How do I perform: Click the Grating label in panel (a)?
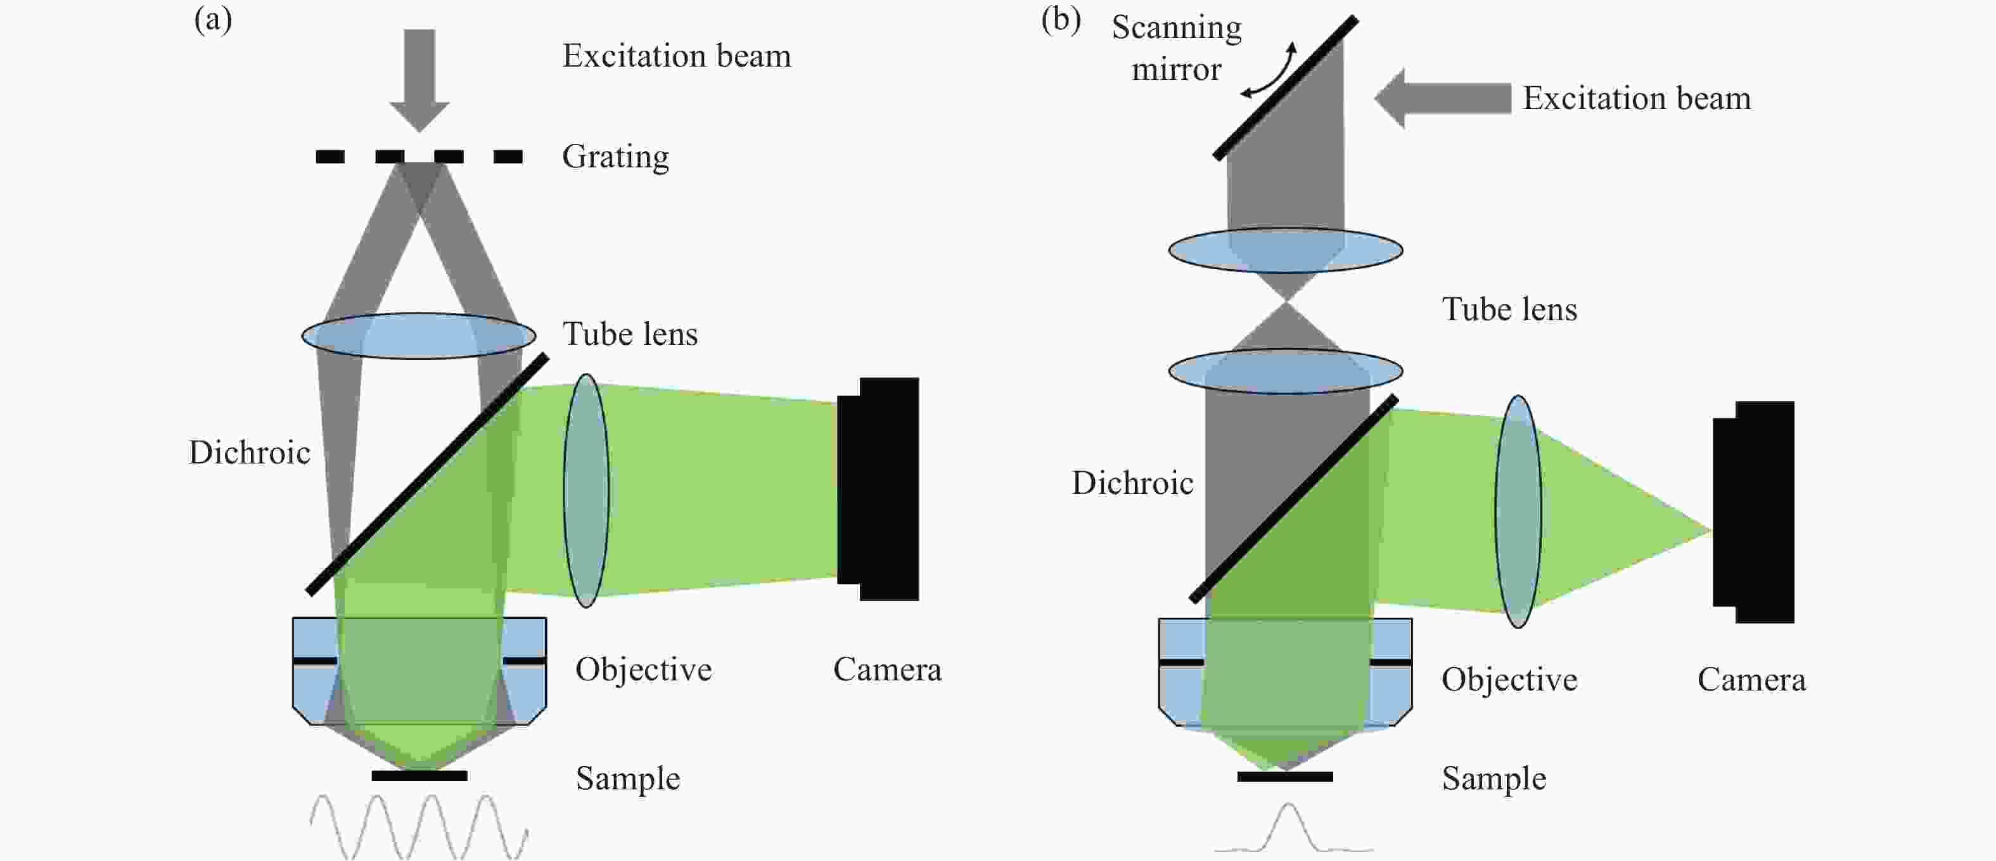click(x=615, y=157)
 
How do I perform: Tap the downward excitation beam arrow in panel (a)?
click(x=419, y=80)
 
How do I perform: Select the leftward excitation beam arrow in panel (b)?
click(x=1443, y=98)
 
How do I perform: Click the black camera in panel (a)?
click(x=878, y=489)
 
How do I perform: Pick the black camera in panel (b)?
click(x=1753, y=512)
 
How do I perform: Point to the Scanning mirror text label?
click(x=1176, y=48)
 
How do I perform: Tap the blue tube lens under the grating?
click(x=418, y=335)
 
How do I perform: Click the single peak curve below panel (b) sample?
click(x=1289, y=827)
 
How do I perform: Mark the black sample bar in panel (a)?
click(x=419, y=776)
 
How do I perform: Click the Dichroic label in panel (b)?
click(x=1133, y=483)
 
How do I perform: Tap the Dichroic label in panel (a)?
click(x=250, y=453)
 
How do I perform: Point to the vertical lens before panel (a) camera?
click(x=587, y=491)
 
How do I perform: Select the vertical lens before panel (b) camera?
click(x=1518, y=512)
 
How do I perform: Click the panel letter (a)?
click(x=213, y=20)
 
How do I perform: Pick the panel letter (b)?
click(x=1061, y=20)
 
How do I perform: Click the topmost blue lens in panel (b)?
click(x=1286, y=250)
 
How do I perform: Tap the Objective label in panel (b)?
click(x=1509, y=680)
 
